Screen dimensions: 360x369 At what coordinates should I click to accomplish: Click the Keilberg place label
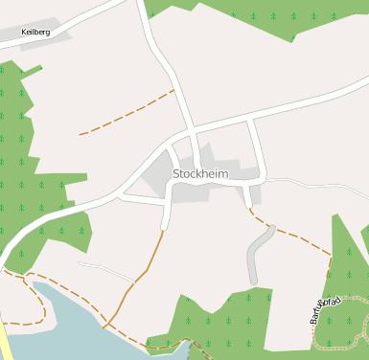(x=35, y=32)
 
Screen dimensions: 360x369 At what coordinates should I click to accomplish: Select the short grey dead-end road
(x=256, y=255)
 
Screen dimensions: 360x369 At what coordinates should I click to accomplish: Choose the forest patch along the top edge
(x=259, y=14)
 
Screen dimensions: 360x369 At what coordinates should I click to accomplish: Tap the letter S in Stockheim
(x=177, y=173)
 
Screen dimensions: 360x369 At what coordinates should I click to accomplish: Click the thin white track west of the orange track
(x=105, y=268)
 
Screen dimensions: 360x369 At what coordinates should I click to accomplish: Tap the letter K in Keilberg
(x=24, y=32)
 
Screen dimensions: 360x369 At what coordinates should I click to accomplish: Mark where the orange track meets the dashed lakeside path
(x=104, y=326)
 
